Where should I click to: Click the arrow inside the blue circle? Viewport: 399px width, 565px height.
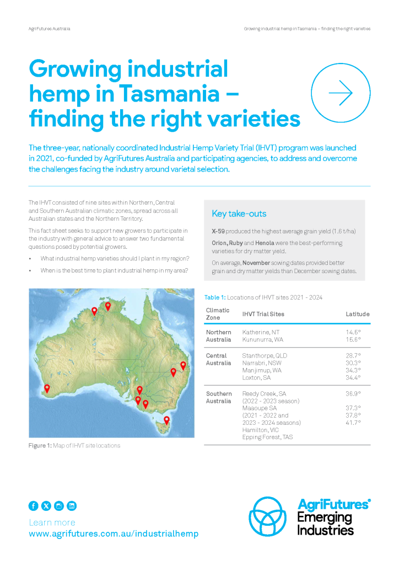pos(341,93)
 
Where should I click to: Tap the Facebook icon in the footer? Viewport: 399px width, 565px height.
pos(34,506)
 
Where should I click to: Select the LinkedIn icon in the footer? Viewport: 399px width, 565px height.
pos(72,506)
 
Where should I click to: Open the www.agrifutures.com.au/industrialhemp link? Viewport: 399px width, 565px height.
pos(114,534)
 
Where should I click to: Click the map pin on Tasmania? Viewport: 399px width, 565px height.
pos(166,420)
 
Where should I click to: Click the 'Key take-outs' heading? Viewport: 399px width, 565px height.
pos(239,214)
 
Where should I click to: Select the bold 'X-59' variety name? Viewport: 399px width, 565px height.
pos(218,231)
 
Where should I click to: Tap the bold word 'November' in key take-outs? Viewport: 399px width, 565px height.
pos(256,263)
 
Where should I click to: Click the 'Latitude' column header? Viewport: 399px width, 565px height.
pos(358,314)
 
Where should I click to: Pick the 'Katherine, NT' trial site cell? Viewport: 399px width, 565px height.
pos(261,332)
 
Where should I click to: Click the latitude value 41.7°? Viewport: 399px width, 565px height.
pos(353,423)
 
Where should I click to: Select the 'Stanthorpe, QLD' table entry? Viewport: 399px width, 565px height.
pos(265,356)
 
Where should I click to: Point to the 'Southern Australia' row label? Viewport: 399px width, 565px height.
pos(219,397)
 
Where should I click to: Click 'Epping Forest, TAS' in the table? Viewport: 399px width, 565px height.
pos(267,437)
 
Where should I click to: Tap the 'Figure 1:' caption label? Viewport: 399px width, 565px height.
pos(40,446)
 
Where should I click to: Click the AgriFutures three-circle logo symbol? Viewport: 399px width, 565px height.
pos(268,516)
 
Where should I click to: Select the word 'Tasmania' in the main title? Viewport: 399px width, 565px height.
pos(169,94)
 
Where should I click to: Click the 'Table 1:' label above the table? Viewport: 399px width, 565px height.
pos(215,297)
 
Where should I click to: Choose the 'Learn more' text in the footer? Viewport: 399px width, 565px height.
pos(52,523)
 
